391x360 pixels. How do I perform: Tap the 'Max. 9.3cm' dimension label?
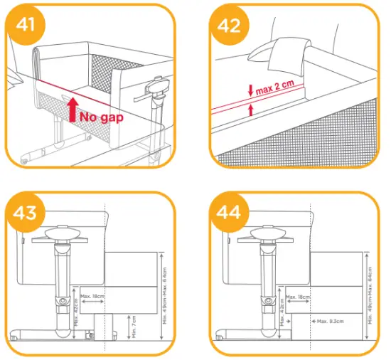tap(331, 322)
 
